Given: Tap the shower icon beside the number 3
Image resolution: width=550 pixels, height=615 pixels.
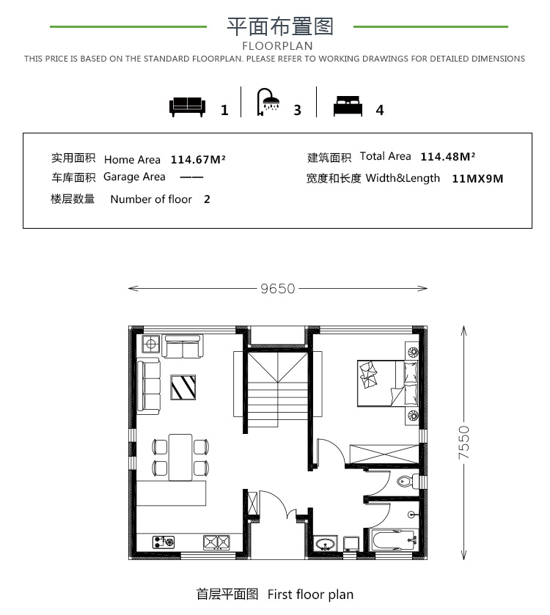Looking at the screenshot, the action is point(268,102).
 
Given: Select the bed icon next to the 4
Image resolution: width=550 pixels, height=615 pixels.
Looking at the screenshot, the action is point(348,106).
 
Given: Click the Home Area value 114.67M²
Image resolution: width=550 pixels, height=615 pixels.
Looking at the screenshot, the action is point(198,160).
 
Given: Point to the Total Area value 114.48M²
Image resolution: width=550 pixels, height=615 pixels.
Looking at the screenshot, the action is point(448,156).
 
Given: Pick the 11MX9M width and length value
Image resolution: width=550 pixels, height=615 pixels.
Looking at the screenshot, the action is point(477,179).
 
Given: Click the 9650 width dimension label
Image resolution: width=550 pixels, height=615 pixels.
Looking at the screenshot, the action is point(278,289).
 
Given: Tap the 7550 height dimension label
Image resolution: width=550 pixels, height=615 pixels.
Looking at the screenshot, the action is point(463,443).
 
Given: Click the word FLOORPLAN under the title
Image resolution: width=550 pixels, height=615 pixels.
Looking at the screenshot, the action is point(277,46).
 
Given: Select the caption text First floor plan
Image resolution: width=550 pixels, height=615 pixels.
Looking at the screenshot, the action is point(310,594).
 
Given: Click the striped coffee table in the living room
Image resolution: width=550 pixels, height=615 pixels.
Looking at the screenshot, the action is point(183,388).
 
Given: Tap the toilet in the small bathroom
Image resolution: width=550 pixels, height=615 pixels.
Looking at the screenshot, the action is point(406,481).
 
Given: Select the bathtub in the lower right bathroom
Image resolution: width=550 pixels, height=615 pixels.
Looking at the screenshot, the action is point(394,540).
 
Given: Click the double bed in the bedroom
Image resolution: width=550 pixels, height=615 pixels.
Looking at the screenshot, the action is point(387,383).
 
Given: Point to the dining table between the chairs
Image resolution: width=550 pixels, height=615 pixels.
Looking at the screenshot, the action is point(180,457).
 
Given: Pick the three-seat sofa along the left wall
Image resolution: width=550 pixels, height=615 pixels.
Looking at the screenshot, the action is point(148,386).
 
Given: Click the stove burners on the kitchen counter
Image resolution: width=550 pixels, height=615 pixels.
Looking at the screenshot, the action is point(216,542).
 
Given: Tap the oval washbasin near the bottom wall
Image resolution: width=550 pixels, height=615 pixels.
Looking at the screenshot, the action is point(325,544).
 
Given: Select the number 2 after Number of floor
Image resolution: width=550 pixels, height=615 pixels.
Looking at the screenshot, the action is point(207,199).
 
